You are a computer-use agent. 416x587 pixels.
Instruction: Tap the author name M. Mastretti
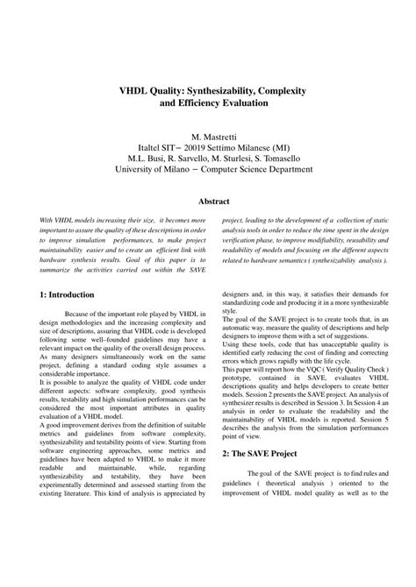tap(208, 138)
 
